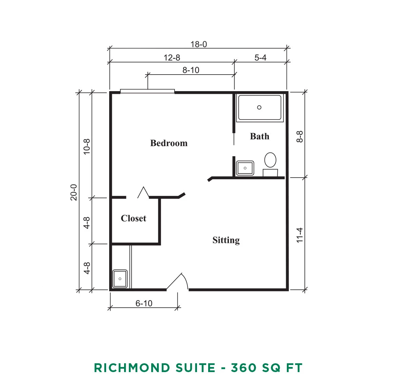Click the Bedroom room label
(169, 143)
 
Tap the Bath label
(260, 136)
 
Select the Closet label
(133, 218)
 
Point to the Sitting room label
(226, 240)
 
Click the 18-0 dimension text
(199, 44)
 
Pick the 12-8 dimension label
(172, 58)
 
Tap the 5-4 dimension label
(260, 58)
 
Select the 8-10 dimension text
(191, 70)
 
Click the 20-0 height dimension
(74, 192)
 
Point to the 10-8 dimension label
(87, 147)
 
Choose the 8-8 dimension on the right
(299, 137)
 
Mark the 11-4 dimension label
(299, 235)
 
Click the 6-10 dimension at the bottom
(144, 303)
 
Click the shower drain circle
(259, 107)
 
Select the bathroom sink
(245, 168)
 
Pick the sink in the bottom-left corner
(120, 279)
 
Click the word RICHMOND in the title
(132, 368)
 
